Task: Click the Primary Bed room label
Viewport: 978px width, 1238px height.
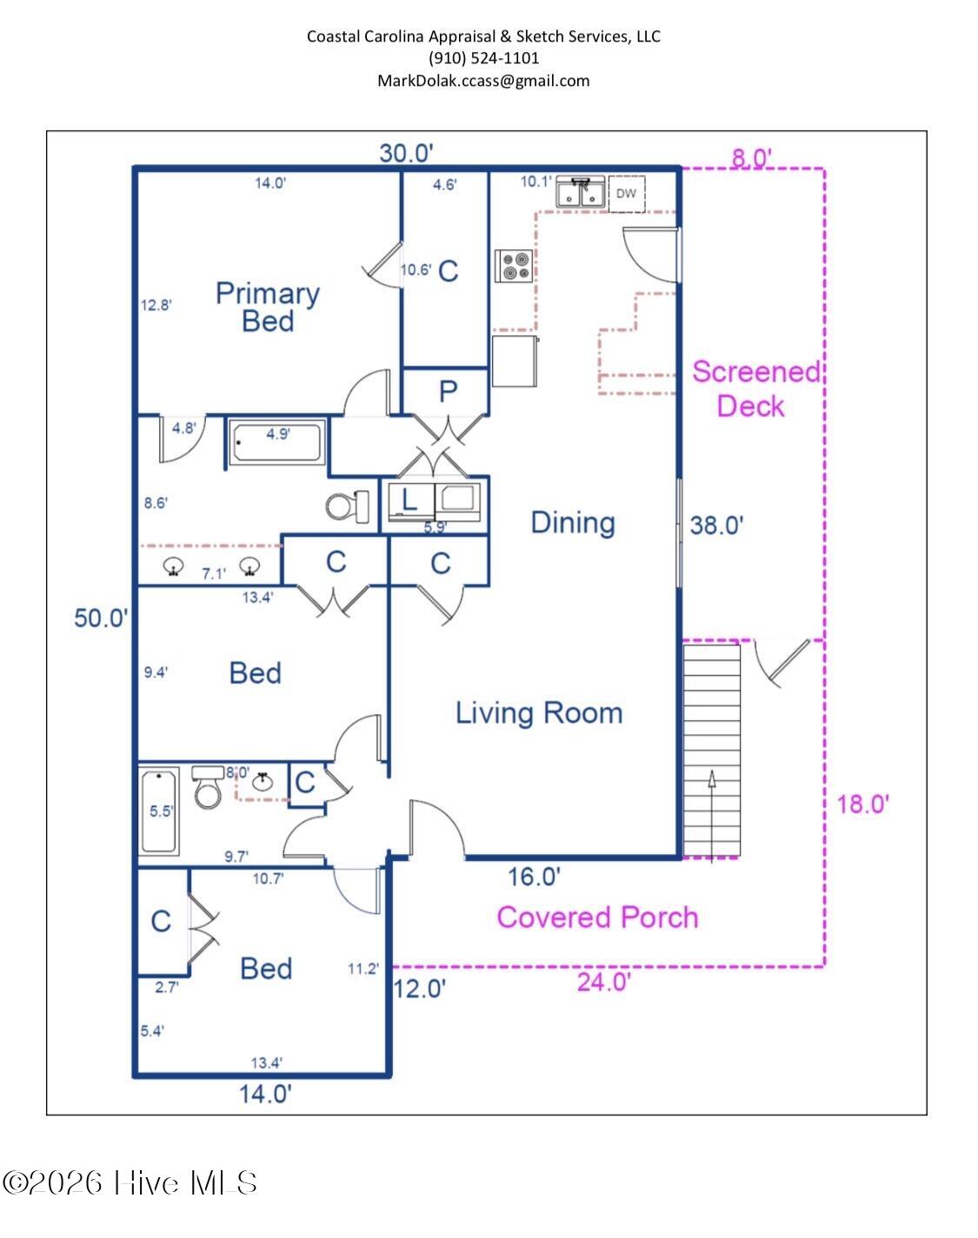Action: click(267, 307)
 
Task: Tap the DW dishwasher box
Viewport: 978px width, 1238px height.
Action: click(626, 194)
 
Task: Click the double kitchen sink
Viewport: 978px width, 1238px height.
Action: click(582, 193)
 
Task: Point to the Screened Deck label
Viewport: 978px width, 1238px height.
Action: click(755, 388)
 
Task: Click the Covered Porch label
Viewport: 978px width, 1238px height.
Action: click(597, 917)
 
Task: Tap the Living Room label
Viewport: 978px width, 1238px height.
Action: click(539, 713)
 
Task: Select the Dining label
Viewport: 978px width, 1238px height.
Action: click(572, 522)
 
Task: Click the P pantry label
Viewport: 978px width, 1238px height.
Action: click(447, 392)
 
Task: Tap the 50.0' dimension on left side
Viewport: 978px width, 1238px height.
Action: click(101, 619)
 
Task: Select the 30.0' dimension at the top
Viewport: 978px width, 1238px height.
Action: click(406, 153)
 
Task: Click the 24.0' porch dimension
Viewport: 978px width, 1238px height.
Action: click(603, 983)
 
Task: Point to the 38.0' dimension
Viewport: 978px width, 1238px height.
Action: click(716, 525)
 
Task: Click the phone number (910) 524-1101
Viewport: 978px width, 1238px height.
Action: click(483, 58)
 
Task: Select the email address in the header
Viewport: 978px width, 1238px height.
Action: click(483, 81)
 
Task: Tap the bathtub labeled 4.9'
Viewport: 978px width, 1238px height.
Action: click(278, 442)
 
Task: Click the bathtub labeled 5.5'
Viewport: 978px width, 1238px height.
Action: click(159, 811)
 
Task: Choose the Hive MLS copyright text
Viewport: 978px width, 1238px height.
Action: click(130, 1182)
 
